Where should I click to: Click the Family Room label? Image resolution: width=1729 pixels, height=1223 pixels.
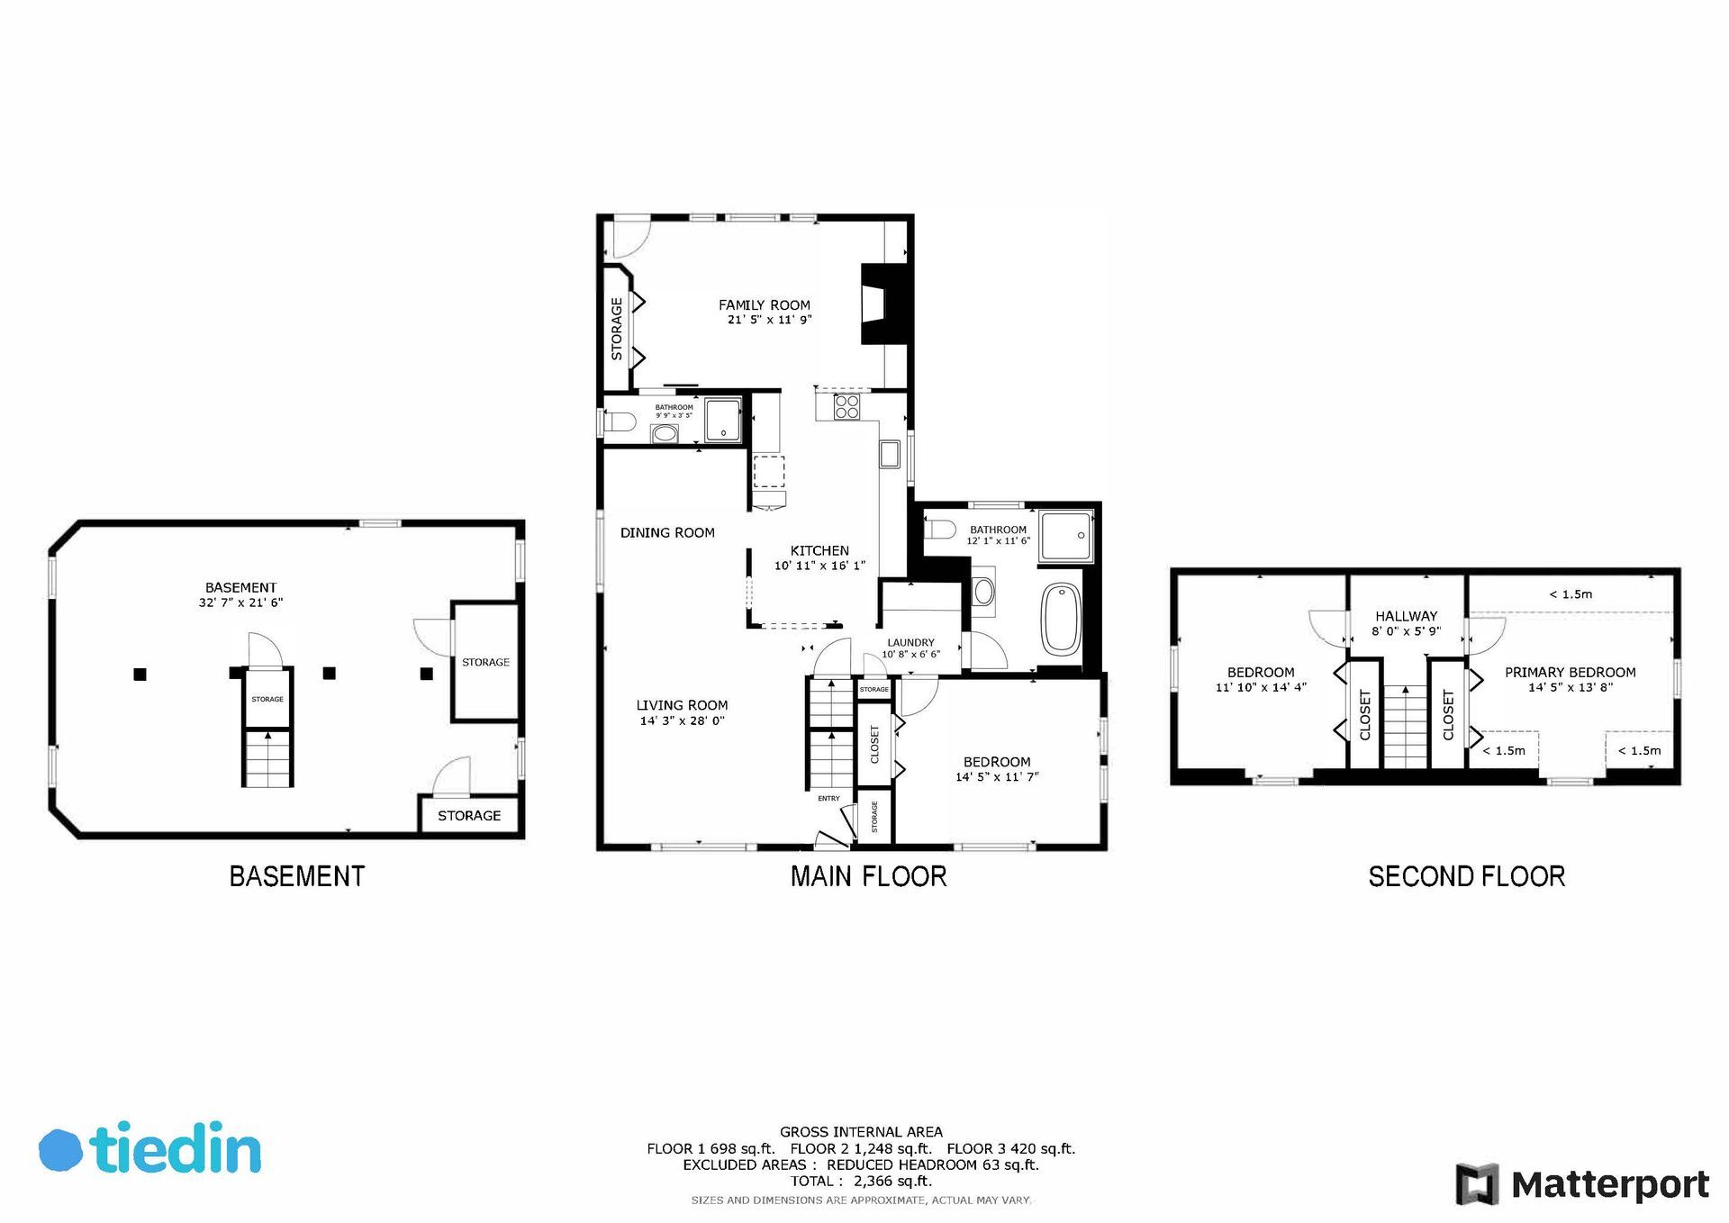tap(764, 305)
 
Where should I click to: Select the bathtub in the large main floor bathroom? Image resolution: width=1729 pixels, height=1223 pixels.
tap(1061, 620)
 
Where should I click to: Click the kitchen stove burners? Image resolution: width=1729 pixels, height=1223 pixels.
tap(846, 407)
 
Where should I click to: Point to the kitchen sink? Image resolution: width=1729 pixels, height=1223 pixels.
tap(890, 454)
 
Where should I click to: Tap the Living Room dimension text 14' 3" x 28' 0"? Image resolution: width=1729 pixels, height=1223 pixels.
tap(682, 720)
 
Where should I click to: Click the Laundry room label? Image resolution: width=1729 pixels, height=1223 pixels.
tap(910, 643)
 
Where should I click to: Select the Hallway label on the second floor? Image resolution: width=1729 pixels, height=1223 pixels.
tap(1406, 616)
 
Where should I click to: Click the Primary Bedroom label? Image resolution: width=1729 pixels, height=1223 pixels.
tap(1570, 672)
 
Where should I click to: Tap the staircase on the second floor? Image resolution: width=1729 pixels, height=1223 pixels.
tap(1405, 727)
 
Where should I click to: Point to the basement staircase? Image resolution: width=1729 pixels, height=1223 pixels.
tap(267, 758)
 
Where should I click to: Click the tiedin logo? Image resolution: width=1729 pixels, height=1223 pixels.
tap(149, 1148)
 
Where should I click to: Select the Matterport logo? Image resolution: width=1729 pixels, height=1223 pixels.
tap(1582, 1184)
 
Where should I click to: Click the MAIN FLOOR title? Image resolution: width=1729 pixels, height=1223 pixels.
tap(868, 876)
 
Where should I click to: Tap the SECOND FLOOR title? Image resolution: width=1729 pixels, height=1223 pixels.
tap(1466, 876)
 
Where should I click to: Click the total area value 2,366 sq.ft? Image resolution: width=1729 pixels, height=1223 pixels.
tap(892, 1181)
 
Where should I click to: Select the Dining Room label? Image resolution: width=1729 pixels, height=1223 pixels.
tap(667, 532)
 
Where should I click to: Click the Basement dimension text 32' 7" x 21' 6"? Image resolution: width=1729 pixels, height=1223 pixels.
tap(240, 602)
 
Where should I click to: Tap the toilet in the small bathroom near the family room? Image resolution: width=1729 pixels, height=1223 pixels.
tap(620, 421)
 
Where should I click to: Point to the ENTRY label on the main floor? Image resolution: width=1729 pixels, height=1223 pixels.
tap(828, 798)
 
